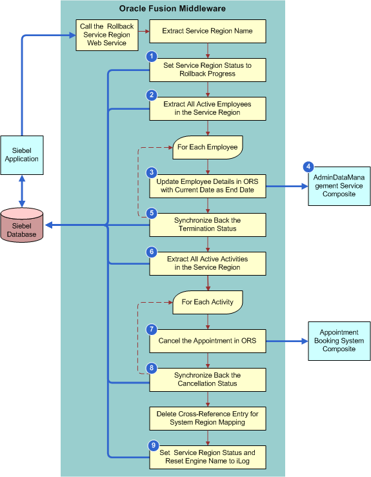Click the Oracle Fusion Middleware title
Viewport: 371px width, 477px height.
[x=172, y=8]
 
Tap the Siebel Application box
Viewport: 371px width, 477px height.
[x=22, y=155]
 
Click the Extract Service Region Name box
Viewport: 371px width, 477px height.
[x=208, y=31]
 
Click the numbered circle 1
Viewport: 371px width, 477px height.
[x=152, y=57]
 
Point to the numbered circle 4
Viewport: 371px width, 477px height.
[x=309, y=166]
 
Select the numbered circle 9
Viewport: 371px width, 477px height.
[x=152, y=445]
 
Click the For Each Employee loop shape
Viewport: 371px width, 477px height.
[x=207, y=147]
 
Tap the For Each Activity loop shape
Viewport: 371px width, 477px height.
[x=207, y=302]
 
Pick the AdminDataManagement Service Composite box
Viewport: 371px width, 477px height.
[x=338, y=186]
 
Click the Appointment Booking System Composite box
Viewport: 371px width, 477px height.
[x=339, y=341]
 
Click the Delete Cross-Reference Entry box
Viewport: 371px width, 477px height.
[x=208, y=418]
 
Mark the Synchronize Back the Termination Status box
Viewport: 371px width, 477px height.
[x=208, y=225]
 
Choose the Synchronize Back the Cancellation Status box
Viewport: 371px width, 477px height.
[x=208, y=380]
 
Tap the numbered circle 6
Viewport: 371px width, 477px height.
[x=152, y=252]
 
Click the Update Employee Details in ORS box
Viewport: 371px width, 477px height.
[x=208, y=186]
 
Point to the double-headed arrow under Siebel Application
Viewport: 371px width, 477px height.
[x=22, y=190]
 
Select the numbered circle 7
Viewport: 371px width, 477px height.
[x=152, y=329]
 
